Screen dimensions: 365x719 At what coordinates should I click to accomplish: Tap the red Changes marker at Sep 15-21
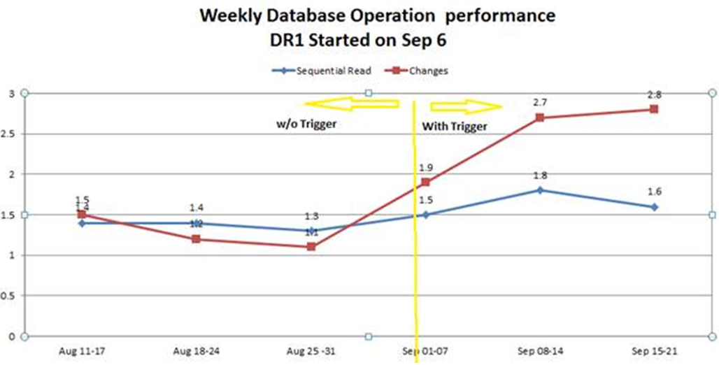pos(654,109)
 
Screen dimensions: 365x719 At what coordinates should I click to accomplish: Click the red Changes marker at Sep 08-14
pos(539,117)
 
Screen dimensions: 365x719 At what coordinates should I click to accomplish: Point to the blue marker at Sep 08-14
pos(539,190)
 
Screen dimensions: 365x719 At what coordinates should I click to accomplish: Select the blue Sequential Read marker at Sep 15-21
pos(654,207)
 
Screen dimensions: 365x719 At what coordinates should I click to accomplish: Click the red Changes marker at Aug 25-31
pos(312,247)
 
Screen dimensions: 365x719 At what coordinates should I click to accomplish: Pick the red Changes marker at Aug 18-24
pos(197,239)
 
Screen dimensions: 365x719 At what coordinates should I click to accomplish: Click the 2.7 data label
pos(539,102)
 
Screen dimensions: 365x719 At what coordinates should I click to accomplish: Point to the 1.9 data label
pos(426,167)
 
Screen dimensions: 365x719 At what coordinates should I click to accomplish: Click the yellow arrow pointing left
pos(354,104)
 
